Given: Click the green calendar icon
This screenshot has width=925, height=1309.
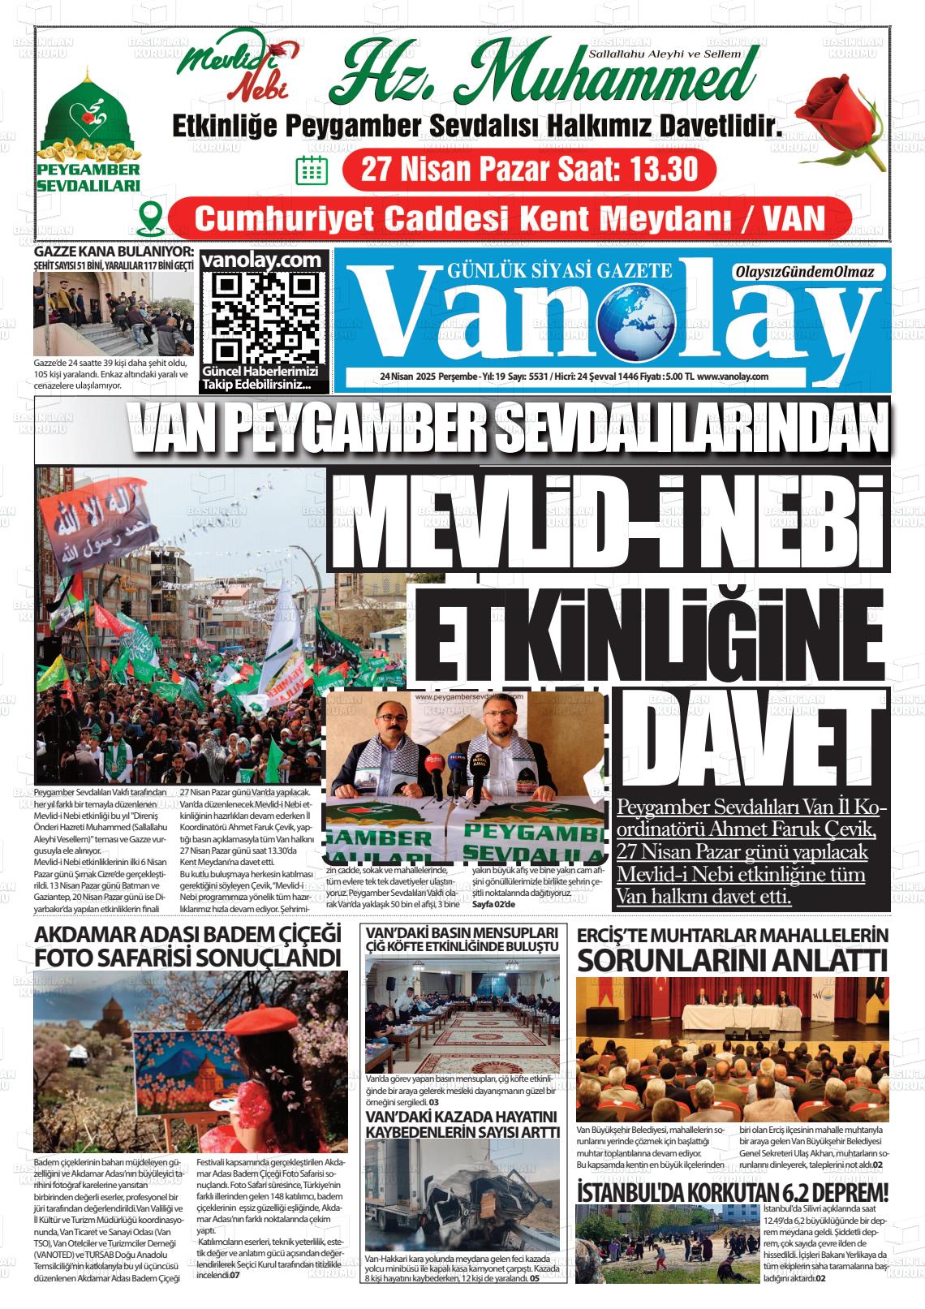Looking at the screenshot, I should click(x=311, y=169).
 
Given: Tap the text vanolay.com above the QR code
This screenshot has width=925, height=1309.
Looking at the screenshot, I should click(x=265, y=260).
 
